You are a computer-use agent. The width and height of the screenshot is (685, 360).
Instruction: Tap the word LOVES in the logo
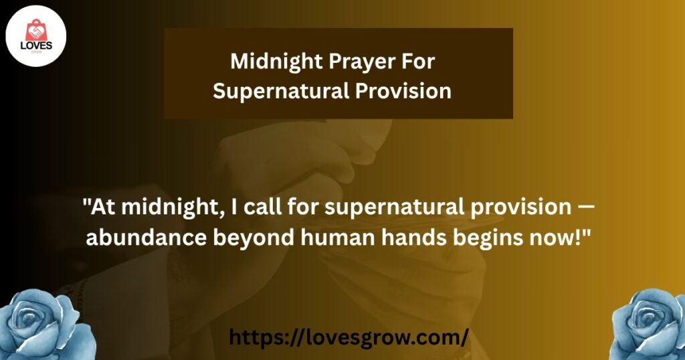pos(36,46)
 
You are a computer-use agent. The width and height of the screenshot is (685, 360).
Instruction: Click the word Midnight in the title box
pos(276,61)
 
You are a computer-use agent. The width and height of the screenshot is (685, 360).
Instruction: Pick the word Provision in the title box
pos(403,91)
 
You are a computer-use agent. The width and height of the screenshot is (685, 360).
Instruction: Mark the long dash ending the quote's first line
pos(585,207)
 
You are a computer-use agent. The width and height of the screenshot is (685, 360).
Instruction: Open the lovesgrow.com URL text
pos(349,337)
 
